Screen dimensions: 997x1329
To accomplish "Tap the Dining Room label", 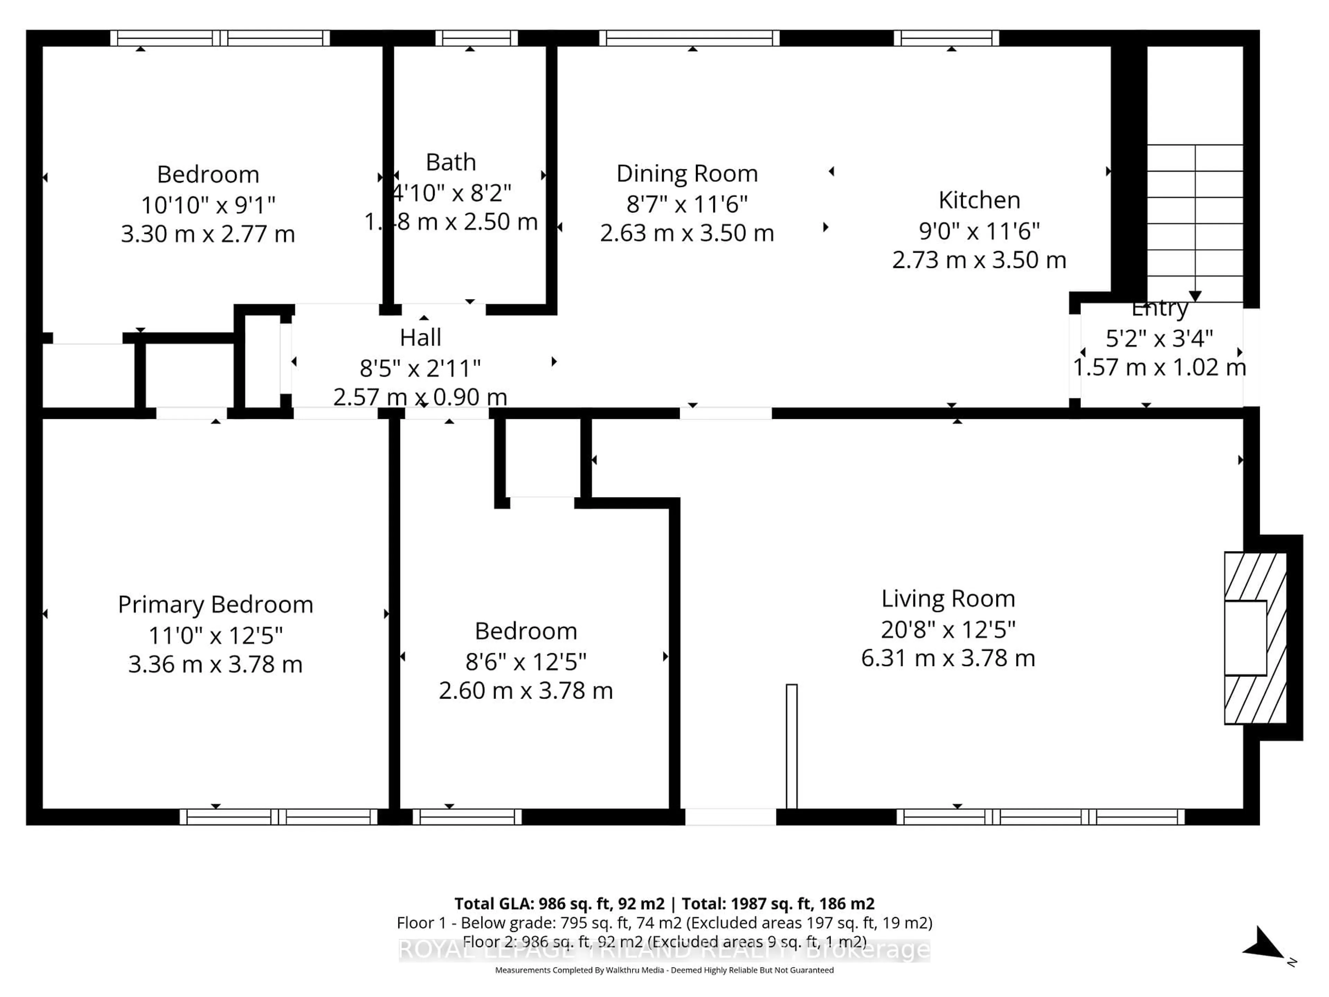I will pyautogui.click(x=687, y=174).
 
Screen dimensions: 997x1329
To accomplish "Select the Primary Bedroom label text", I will pyautogui.click(x=215, y=604).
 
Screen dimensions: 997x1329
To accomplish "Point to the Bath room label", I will pyautogui.click(x=451, y=162).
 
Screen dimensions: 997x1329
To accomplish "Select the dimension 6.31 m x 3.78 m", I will pyautogui.click(x=948, y=658).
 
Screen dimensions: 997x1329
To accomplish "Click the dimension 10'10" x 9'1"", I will pyautogui.click(x=208, y=205).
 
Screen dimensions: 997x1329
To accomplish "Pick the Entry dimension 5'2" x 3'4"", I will pyautogui.click(x=1159, y=338).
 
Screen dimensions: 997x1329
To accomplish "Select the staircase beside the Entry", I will pyautogui.click(x=1194, y=222).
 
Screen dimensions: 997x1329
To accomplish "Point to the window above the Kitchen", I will pyautogui.click(x=946, y=38).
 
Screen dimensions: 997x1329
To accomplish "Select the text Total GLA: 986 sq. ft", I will pyautogui.click(x=559, y=904).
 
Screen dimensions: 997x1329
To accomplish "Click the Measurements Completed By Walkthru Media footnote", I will pyautogui.click(x=664, y=970).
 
